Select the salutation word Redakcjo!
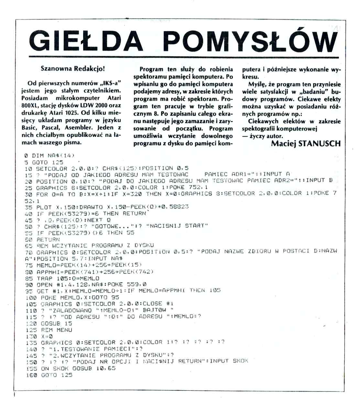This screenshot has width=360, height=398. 90,69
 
